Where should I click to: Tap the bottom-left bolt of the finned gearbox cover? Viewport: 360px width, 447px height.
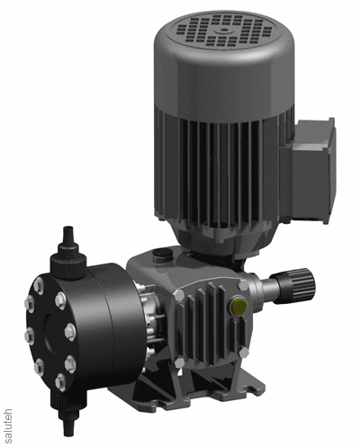[179, 362]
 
